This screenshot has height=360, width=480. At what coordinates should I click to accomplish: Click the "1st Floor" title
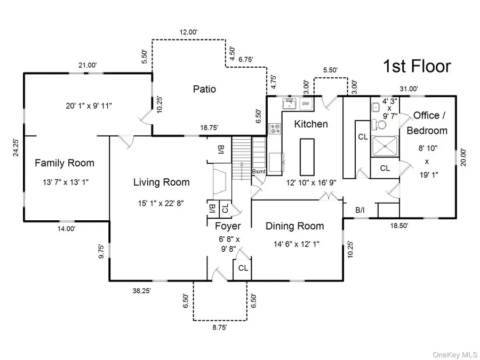pos(417,67)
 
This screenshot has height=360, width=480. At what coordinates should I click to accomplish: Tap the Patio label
pos(204,89)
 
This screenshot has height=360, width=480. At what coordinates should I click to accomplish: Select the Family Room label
pos(65,163)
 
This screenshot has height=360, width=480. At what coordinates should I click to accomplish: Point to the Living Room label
pos(161,182)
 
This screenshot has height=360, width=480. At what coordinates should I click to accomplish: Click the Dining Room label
pos(294,226)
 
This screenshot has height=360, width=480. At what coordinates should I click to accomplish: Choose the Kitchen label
pos(311,124)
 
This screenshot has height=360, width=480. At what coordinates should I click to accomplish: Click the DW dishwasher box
pos(306,103)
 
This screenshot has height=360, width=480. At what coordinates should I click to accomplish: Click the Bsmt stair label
pos(258,172)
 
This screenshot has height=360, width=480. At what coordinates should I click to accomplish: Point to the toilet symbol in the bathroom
pos(381,123)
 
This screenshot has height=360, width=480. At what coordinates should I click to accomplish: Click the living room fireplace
pos(220,181)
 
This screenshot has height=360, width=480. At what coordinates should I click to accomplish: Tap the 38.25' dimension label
pos(141,291)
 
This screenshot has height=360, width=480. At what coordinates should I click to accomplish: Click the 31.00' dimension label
pos(410,89)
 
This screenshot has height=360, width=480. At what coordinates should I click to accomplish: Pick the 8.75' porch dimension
pos(220,328)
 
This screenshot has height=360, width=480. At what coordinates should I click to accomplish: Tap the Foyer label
pos(228,226)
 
